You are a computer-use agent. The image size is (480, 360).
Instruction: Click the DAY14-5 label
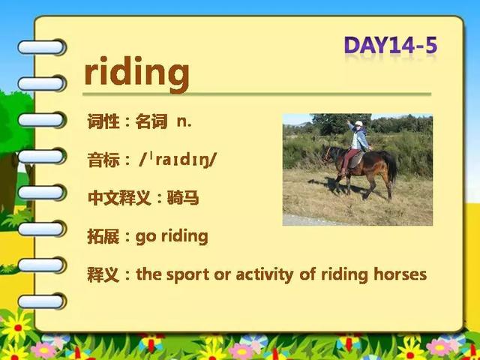(391, 45)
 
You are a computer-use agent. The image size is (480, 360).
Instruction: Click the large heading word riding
(136, 74)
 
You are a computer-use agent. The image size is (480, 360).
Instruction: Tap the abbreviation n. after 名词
(184, 121)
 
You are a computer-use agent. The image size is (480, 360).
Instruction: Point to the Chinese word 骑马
(183, 198)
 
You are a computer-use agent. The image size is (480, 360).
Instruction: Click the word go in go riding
(145, 237)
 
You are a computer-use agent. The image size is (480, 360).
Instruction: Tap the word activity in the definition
(265, 274)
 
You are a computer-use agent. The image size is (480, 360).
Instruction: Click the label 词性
(103, 121)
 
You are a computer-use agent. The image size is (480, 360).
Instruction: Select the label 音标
(103, 160)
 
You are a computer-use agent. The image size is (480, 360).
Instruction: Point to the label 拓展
(103, 237)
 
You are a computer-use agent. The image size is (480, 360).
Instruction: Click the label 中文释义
(119, 198)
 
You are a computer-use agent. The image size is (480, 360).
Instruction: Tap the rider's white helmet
(358, 123)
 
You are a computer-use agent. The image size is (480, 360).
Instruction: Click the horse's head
(327, 154)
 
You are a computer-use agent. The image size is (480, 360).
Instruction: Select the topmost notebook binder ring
(42, 47)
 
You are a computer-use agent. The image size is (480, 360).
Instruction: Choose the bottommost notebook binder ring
(42, 301)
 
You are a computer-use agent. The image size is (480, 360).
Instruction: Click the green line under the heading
(256, 94)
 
